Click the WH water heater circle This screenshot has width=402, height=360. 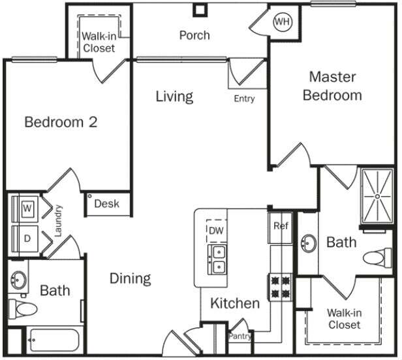point(282,22)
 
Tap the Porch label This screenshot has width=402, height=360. point(194,35)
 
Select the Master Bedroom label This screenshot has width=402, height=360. point(332,86)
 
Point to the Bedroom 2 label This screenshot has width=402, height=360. point(61,122)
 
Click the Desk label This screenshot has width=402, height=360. point(107,204)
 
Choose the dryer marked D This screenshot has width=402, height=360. point(27,238)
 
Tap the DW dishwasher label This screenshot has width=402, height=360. point(215,230)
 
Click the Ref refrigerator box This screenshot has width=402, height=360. point(281,227)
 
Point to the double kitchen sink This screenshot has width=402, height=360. point(217,259)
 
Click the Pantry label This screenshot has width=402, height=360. point(240,336)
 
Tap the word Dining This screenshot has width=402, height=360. point(130,278)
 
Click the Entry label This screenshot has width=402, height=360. point(244,99)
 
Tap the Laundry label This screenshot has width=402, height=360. point(58,220)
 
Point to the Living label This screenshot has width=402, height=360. point(174,97)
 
